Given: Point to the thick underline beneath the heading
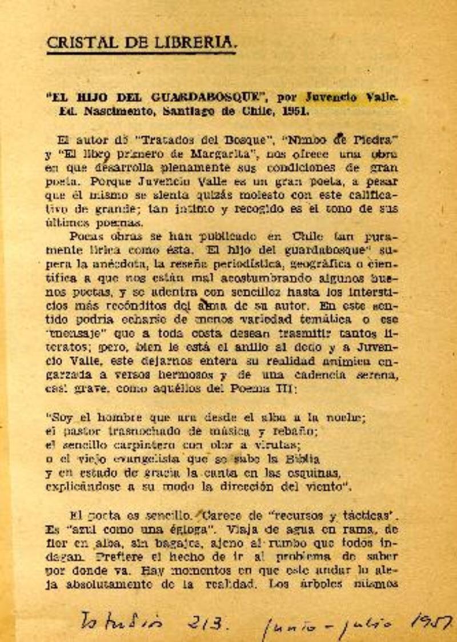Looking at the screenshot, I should (141, 53).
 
